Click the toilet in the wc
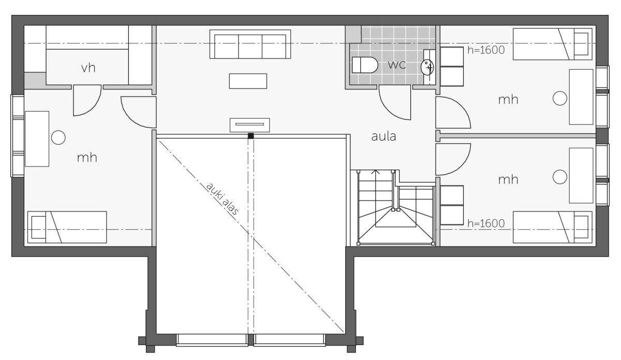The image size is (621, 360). (x=365, y=65)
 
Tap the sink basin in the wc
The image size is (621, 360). (x=427, y=67)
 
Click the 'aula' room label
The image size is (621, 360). (x=383, y=137)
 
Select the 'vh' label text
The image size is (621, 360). (x=88, y=68)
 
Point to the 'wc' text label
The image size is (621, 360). (x=397, y=65)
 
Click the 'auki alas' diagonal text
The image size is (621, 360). (x=223, y=199)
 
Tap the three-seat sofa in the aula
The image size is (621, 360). (x=250, y=44)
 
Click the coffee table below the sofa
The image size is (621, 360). (x=248, y=81)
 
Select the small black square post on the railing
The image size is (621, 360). (x=250, y=136)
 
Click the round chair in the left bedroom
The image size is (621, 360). (x=58, y=138)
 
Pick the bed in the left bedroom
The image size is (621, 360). (x=67, y=227)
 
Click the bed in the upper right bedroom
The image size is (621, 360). (x=553, y=44)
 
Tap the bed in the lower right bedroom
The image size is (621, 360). (x=553, y=227)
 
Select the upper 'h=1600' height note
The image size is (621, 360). (x=486, y=50)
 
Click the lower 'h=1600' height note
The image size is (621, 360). (x=486, y=223)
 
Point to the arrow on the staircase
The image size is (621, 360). (x=376, y=172)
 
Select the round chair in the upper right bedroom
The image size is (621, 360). (x=560, y=98)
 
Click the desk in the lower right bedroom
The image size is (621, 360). (x=581, y=175)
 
